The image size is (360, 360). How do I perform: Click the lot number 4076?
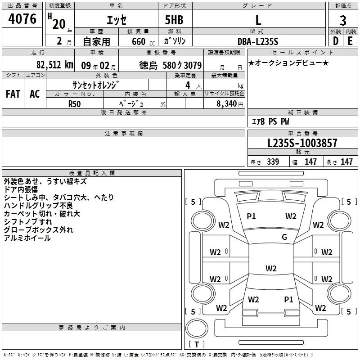(x=22, y=19)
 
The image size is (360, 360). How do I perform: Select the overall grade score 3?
(x=343, y=21)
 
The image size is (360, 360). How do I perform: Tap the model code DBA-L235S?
(x=258, y=41)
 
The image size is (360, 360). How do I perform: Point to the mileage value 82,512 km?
(x=55, y=65)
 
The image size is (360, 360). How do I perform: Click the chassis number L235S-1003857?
(x=302, y=143)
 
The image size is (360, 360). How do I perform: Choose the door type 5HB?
(x=174, y=20)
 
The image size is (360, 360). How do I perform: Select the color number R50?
(x=74, y=104)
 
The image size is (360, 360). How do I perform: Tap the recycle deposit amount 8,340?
(x=227, y=103)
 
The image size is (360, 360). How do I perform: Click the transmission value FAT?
(x=13, y=94)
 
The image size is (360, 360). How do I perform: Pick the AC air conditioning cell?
(x=35, y=94)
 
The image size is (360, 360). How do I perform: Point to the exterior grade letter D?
(x=336, y=41)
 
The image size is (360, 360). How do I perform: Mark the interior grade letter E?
(x=350, y=41)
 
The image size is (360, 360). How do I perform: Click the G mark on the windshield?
(x=284, y=237)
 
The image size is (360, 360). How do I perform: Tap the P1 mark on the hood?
(x=251, y=216)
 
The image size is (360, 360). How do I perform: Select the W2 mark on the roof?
(x=271, y=268)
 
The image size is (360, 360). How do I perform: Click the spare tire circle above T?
(x=197, y=328)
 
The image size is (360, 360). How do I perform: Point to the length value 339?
(x=273, y=162)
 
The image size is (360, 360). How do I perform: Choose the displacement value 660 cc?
(x=143, y=41)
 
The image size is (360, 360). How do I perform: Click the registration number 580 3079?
(x=182, y=65)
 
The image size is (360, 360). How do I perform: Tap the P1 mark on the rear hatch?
(x=288, y=300)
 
